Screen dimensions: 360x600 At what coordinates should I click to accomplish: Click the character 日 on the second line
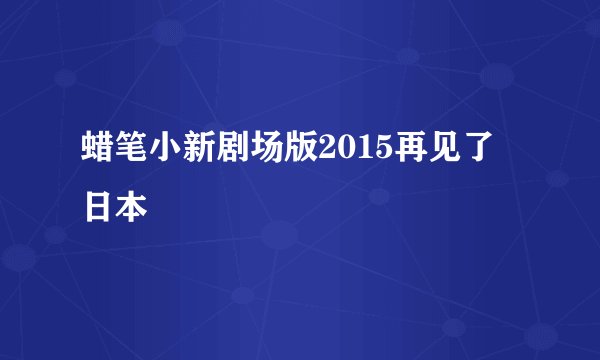coord(98,207)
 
